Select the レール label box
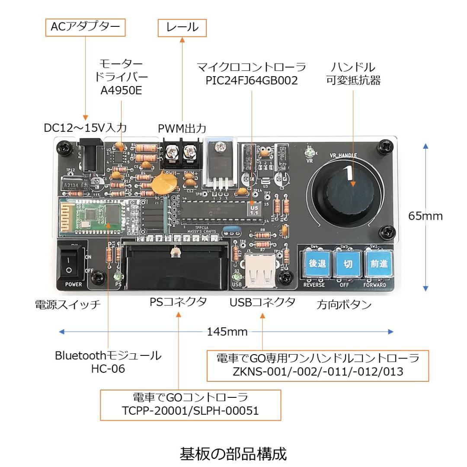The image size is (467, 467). click(182, 28)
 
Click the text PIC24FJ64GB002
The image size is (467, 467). click(252, 80)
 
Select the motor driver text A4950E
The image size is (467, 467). click(121, 90)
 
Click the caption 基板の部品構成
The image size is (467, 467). click(233, 454)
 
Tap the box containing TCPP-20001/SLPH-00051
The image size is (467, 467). click(190, 405)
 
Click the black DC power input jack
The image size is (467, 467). click(91, 157)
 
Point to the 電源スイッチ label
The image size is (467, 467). click(67, 304)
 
